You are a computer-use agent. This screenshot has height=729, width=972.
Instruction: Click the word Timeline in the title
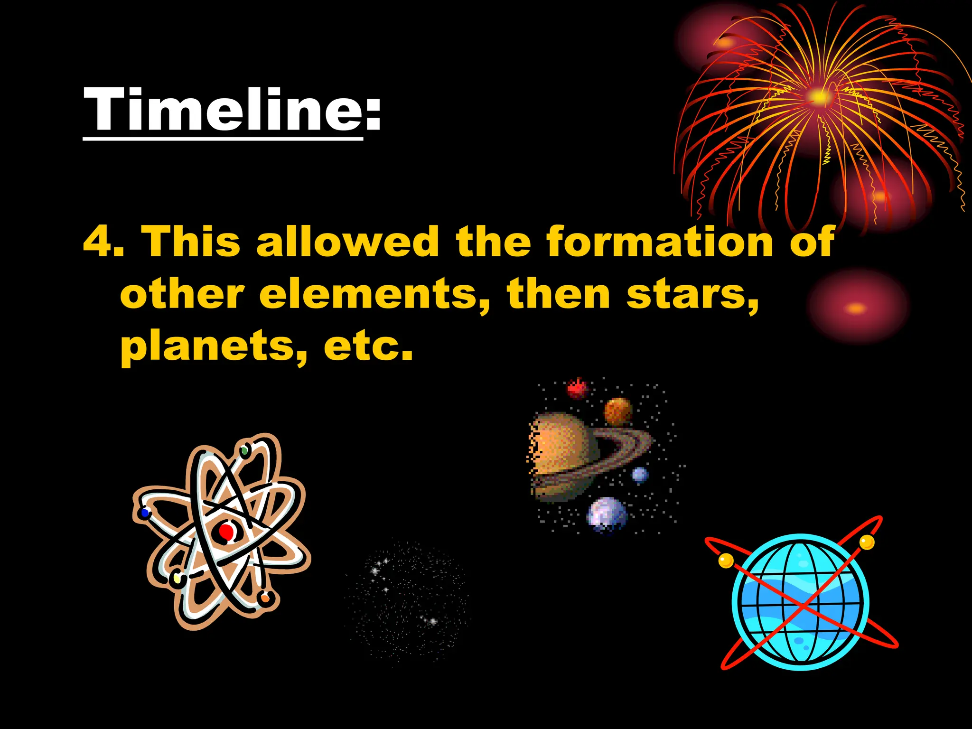(x=223, y=110)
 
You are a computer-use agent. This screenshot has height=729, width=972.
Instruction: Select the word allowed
(x=347, y=242)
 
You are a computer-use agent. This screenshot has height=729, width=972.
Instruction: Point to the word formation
(x=660, y=242)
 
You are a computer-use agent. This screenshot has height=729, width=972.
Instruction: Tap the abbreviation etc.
(x=368, y=346)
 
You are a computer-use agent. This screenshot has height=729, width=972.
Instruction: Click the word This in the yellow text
(x=191, y=242)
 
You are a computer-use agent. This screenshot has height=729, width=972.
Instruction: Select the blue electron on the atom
(x=145, y=513)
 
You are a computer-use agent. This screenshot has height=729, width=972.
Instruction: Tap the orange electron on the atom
(x=265, y=598)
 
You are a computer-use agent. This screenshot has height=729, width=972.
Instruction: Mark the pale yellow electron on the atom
(x=177, y=579)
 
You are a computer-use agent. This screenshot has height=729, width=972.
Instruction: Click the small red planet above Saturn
(x=577, y=389)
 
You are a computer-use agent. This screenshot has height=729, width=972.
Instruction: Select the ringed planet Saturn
(x=565, y=456)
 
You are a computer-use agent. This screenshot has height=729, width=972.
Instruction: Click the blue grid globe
(x=801, y=602)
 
